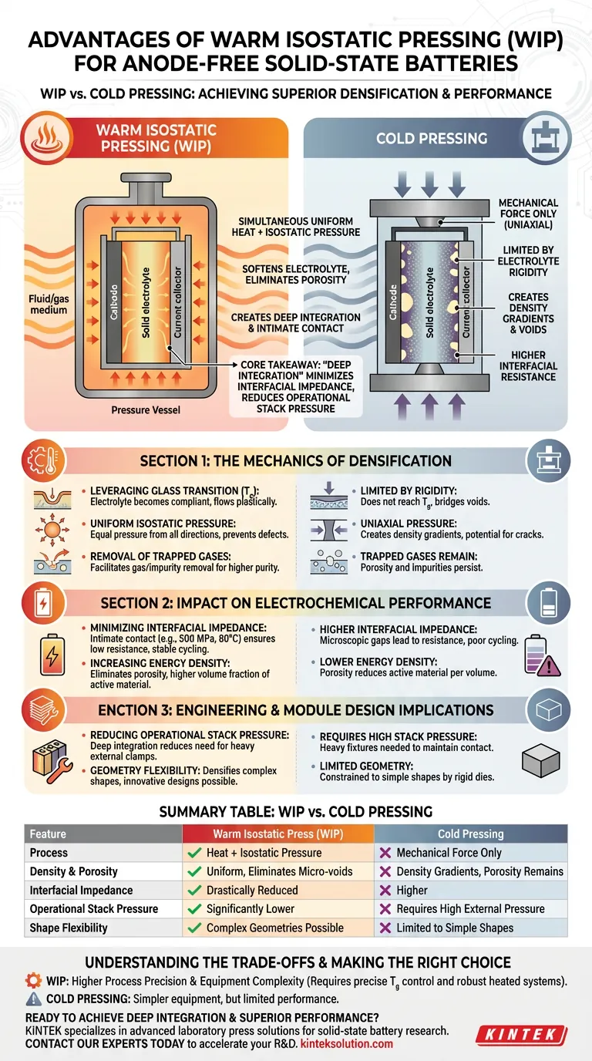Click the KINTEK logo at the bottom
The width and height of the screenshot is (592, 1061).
click(x=521, y=1035)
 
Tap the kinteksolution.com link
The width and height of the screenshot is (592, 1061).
click(x=347, y=1043)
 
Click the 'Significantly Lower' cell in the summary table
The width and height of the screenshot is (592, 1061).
click(x=251, y=909)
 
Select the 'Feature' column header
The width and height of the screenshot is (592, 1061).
click(x=48, y=834)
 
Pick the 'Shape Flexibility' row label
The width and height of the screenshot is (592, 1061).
click(x=69, y=928)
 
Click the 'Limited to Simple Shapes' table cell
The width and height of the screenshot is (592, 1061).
click(x=455, y=928)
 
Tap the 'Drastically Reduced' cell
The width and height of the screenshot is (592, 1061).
click(x=252, y=890)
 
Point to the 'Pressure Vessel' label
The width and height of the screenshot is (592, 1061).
click(x=146, y=410)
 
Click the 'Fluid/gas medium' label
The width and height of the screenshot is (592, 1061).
click(x=49, y=304)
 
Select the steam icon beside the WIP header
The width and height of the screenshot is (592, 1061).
click(x=47, y=138)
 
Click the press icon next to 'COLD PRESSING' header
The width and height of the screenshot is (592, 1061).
click(x=546, y=138)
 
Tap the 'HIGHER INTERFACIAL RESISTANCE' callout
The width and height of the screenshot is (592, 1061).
click(x=528, y=365)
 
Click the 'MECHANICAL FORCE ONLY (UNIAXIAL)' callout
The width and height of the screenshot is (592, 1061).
click(x=528, y=214)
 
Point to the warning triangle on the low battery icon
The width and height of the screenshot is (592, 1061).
click(x=550, y=665)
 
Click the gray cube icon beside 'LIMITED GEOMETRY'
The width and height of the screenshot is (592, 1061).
click(x=541, y=762)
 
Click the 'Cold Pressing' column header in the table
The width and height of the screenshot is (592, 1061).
click(x=470, y=834)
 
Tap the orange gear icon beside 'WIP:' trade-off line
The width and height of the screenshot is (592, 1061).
click(x=33, y=980)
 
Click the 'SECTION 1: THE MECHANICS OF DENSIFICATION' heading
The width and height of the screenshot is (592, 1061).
click(x=295, y=461)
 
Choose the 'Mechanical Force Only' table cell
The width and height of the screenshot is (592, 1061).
click(x=449, y=853)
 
